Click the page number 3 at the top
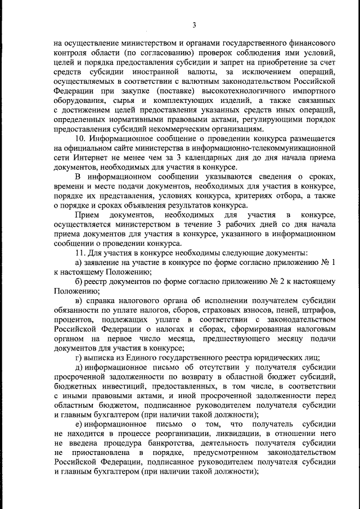193,25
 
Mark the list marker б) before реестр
79,281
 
